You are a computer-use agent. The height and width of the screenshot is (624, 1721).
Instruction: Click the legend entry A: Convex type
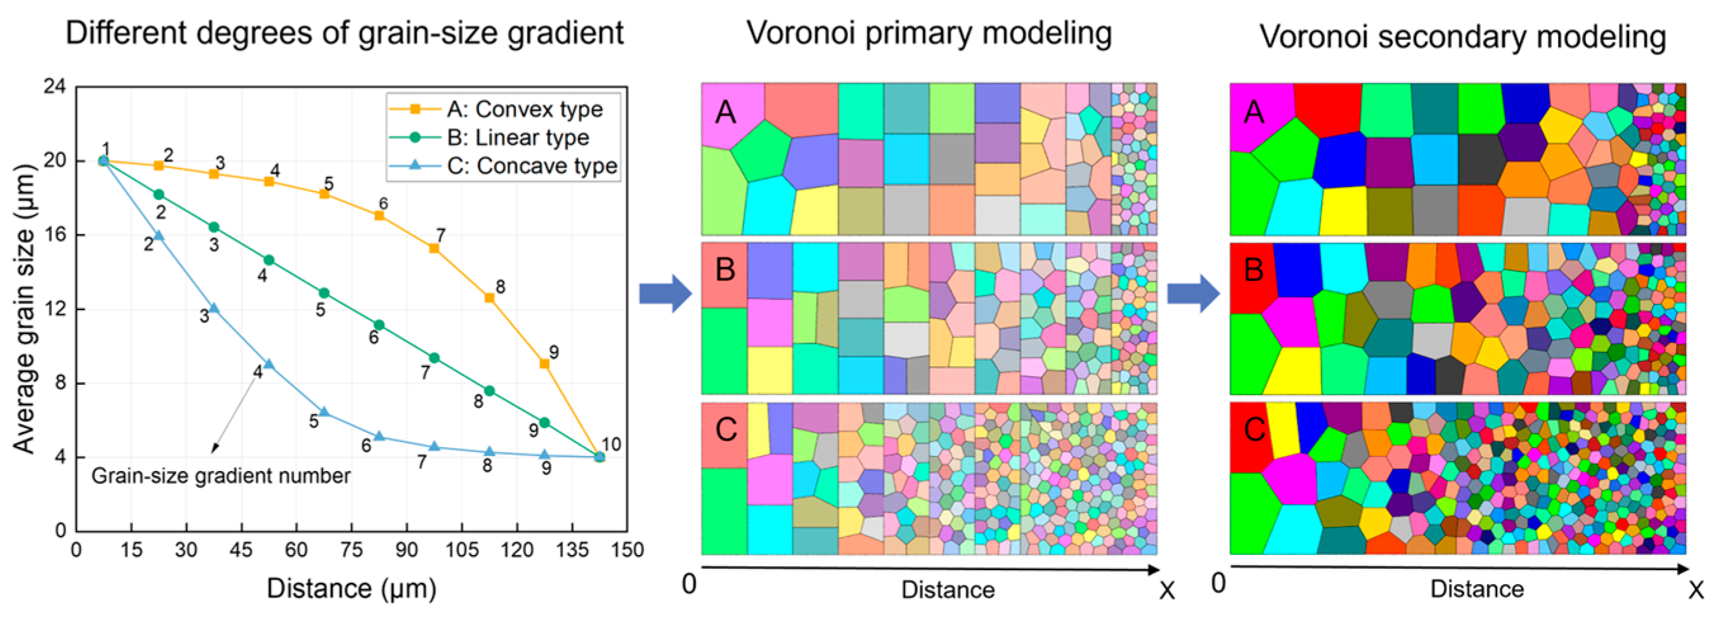pyautogui.click(x=524, y=109)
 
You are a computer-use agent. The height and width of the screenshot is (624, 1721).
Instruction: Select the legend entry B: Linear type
pyautogui.click(x=518, y=138)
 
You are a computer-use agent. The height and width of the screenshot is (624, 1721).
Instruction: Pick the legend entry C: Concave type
pyautogui.click(x=531, y=166)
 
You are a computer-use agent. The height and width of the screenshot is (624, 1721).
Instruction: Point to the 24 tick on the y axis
pyautogui.click(x=55, y=87)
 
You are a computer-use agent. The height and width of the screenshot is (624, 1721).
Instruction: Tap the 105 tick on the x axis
pyautogui.click(x=461, y=550)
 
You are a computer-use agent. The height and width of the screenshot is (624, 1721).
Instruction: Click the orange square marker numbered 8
pyautogui.click(x=489, y=298)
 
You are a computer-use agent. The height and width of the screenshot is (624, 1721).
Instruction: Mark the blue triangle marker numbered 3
pyautogui.click(x=214, y=309)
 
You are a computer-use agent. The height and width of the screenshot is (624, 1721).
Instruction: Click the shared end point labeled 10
pyautogui.click(x=599, y=457)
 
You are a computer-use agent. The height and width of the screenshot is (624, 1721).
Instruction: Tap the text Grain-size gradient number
pyautogui.click(x=221, y=476)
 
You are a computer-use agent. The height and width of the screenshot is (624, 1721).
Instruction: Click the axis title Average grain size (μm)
pyautogui.click(x=24, y=309)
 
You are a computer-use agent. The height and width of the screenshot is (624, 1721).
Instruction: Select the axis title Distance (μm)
pyautogui.click(x=351, y=588)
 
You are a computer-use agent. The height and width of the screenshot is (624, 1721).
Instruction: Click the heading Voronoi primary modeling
pyautogui.click(x=929, y=33)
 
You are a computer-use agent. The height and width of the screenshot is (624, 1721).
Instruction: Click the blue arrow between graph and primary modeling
pyautogui.click(x=665, y=294)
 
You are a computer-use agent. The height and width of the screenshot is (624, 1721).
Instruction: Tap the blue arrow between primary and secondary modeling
pyautogui.click(x=1193, y=294)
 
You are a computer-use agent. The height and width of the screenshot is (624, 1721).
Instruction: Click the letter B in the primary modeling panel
pyautogui.click(x=725, y=270)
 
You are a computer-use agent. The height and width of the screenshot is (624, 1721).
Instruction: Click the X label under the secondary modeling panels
pyautogui.click(x=1696, y=590)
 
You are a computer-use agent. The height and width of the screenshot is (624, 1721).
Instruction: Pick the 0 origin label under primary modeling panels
pyautogui.click(x=689, y=584)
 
